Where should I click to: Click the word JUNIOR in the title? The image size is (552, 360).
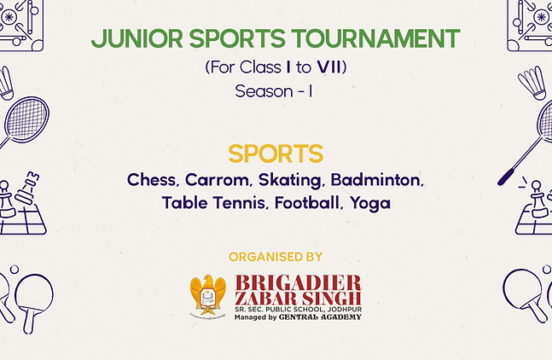pos(137,38)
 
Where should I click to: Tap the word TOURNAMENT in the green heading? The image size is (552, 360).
pos(375,38)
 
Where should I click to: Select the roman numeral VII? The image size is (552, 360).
pos(329,67)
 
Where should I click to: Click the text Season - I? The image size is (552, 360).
pos(274,91)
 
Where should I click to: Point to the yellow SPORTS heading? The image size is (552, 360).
pos(276,154)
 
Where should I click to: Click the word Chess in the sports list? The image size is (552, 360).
pos(151,180)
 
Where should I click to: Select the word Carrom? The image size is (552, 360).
pos(218,180)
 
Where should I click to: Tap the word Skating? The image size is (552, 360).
pos(290,181)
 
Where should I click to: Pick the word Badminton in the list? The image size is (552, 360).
pos(377,180)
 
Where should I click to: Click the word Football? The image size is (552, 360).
pos(307,203)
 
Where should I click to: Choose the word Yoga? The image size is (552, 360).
pos(370,204)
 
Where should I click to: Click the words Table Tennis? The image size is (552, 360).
pos(213,203)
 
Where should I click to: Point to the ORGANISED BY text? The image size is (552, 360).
pos(276,257)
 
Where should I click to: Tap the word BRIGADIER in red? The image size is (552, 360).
pos(298,283)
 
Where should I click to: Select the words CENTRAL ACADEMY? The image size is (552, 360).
pos(320,317)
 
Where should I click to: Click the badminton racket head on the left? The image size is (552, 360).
pos(27,119)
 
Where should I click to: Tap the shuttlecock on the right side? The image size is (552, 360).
pos(532,83)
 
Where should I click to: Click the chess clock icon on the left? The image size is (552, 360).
pos(26,188)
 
